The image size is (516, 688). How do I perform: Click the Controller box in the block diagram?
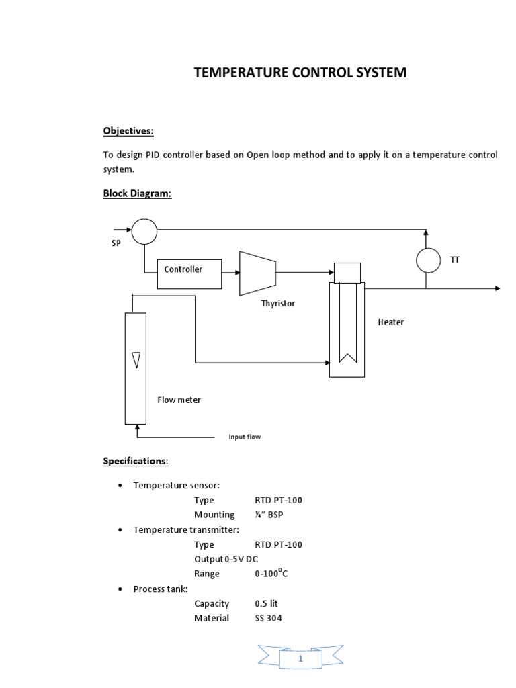click(x=189, y=273)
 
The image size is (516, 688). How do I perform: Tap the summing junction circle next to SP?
click(x=144, y=232)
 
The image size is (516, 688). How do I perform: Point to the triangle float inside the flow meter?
click(x=136, y=361)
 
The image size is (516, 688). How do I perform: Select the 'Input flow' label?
click(x=245, y=437)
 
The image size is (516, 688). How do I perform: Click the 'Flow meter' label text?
click(x=179, y=400)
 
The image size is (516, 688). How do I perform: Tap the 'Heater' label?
click(x=391, y=322)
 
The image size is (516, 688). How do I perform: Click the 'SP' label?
click(x=116, y=243)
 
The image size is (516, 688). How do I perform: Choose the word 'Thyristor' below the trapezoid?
click(x=277, y=304)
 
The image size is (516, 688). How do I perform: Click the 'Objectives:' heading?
click(x=128, y=130)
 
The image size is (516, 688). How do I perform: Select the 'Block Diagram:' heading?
click(x=137, y=193)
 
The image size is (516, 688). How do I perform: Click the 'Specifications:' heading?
click(x=136, y=461)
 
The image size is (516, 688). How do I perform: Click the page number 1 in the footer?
click(x=301, y=660)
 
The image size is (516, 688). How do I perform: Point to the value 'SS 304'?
click(x=268, y=618)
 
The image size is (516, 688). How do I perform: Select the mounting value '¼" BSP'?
click(x=270, y=515)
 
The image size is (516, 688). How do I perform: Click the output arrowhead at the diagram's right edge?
click(x=497, y=288)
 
